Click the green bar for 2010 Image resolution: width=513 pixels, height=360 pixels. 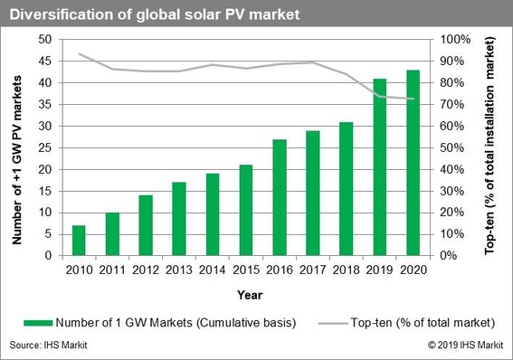point(78,241)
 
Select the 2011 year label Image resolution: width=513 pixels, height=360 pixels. point(112,269)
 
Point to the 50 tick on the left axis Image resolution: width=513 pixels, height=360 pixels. point(43,40)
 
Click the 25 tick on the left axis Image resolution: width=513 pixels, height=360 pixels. point(43,147)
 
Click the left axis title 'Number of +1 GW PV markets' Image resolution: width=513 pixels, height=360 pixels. point(15,147)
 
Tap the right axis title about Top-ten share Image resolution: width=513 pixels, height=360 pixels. point(493,147)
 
